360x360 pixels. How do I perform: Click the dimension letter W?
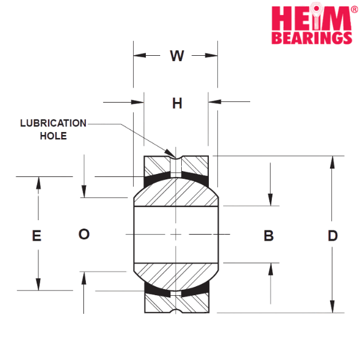(x=177, y=56)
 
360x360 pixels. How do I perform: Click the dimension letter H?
(x=177, y=103)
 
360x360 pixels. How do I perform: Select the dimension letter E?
(x=37, y=236)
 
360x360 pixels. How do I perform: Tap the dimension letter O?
(x=84, y=234)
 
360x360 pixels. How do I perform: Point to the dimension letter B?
(x=269, y=236)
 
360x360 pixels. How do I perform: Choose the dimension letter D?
(x=332, y=236)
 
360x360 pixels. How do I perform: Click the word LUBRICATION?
(x=53, y=123)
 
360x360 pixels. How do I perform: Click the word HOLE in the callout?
(x=53, y=136)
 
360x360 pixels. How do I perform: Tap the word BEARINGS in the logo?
(x=312, y=38)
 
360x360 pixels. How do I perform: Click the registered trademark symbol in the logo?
(x=355, y=10)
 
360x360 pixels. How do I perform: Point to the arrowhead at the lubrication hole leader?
(x=170, y=153)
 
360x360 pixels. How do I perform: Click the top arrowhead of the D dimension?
(x=332, y=163)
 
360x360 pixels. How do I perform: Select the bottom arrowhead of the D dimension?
(x=332, y=306)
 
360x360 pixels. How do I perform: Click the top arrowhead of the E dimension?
(x=38, y=183)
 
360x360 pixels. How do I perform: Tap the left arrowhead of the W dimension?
(x=140, y=55)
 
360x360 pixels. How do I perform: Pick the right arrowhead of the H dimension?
(x=215, y=101)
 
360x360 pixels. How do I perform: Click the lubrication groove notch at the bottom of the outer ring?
(x=176, y=311)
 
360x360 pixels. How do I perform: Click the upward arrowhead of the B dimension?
(x=271, y=269)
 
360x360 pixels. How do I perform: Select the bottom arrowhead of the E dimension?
(x=38, y=284)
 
